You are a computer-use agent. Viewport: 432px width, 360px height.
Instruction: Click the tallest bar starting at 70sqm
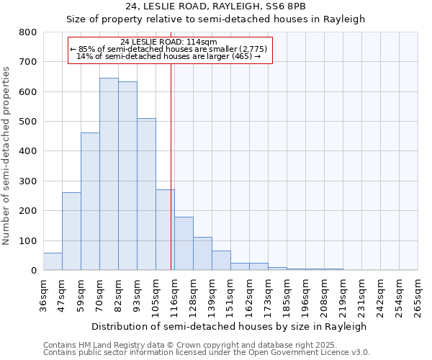(x=109, y=174)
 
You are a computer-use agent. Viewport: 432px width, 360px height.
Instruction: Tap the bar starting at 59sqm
(x=90, y=202)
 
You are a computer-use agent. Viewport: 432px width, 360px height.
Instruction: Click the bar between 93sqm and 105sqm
(x=146, y=194)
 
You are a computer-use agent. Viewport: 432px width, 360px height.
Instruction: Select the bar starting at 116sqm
(x=184, y=243)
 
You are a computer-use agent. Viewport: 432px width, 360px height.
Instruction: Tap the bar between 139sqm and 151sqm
(x=221, y=261)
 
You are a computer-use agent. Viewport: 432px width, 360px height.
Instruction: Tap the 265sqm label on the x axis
(x=418, y=295)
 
